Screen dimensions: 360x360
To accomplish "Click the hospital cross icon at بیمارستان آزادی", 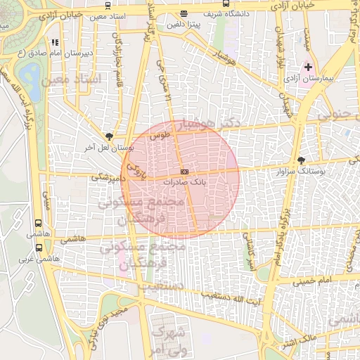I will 308,67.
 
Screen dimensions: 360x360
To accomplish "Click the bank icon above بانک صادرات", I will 184,172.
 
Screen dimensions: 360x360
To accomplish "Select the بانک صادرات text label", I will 185,181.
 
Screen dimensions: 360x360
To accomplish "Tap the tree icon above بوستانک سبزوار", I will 302,160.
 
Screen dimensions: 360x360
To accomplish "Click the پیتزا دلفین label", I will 184,23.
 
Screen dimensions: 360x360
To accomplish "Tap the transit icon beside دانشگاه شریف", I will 184,13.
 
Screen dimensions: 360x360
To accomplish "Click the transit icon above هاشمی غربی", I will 38,247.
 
